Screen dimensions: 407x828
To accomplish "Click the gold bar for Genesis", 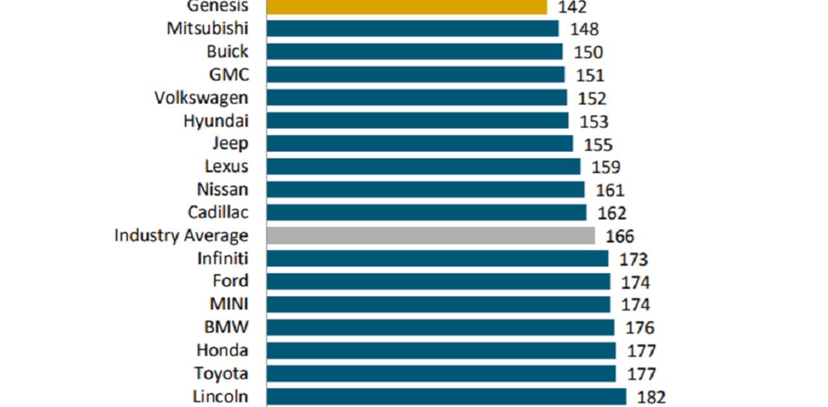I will [406, 6].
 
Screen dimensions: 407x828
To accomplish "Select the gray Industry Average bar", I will [430, 236].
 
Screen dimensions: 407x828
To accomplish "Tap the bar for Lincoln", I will [446, 397].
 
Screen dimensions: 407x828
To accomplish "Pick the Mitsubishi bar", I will [412, 28].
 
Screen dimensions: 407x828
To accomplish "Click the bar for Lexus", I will [423, 167].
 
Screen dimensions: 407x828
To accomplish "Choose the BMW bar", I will [440, 328].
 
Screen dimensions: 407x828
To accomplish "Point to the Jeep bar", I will [419, 143].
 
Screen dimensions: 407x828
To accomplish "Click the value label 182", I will [651, 397].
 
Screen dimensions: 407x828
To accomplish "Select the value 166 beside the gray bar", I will [620, 236].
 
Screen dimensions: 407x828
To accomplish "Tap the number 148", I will [584, 29].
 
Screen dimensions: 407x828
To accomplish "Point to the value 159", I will [605, 167].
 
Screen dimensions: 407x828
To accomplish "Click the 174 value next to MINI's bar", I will [635, 305].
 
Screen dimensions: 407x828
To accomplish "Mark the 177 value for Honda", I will [641, 351].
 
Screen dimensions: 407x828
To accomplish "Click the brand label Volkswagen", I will [201, 98].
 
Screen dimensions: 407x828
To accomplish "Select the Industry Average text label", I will [181, 236].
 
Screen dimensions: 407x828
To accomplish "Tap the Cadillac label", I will [218, 213].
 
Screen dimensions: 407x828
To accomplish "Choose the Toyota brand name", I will [221, 373].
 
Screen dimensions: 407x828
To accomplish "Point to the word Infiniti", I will [223, 258].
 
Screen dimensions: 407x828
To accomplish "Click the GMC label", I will [228, 75].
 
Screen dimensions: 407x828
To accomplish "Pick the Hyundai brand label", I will [216, 121].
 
